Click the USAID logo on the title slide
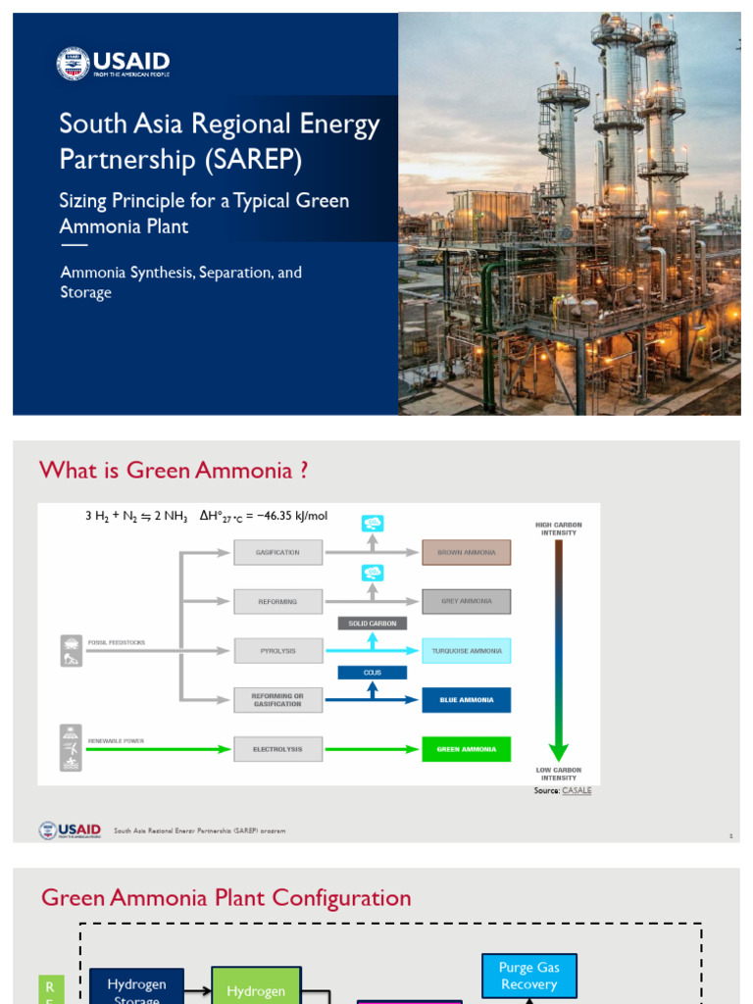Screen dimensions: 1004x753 tap(113, 64)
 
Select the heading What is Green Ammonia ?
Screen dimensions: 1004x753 tap(174, 471)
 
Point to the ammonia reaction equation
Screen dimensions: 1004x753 tap(206, 516)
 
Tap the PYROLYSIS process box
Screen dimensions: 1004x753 tap(277, 650)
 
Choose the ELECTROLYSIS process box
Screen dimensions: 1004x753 tap(277, 749)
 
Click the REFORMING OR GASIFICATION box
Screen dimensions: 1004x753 tap(277, 700)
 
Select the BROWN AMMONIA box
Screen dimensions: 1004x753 tap(466, 552)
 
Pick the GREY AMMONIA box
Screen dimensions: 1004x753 tap(466, 601)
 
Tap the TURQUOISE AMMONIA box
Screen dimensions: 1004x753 tap(466, 650)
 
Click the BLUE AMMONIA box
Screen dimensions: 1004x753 tap(466, 700)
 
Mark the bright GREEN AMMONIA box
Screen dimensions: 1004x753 tap(466, 749)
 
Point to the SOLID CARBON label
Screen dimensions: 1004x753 tap(372, 624)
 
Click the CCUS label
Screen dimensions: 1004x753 tap(372, 673)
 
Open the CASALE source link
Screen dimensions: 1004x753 tap(577, 790)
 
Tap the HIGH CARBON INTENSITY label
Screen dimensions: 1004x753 tap(558, 528)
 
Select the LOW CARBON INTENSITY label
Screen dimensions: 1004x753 tap(558, 774)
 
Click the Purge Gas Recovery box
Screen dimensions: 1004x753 tap(528, 976)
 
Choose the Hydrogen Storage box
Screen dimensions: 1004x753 tap(136, 988)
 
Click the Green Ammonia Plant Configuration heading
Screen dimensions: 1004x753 tap(226, 898)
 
